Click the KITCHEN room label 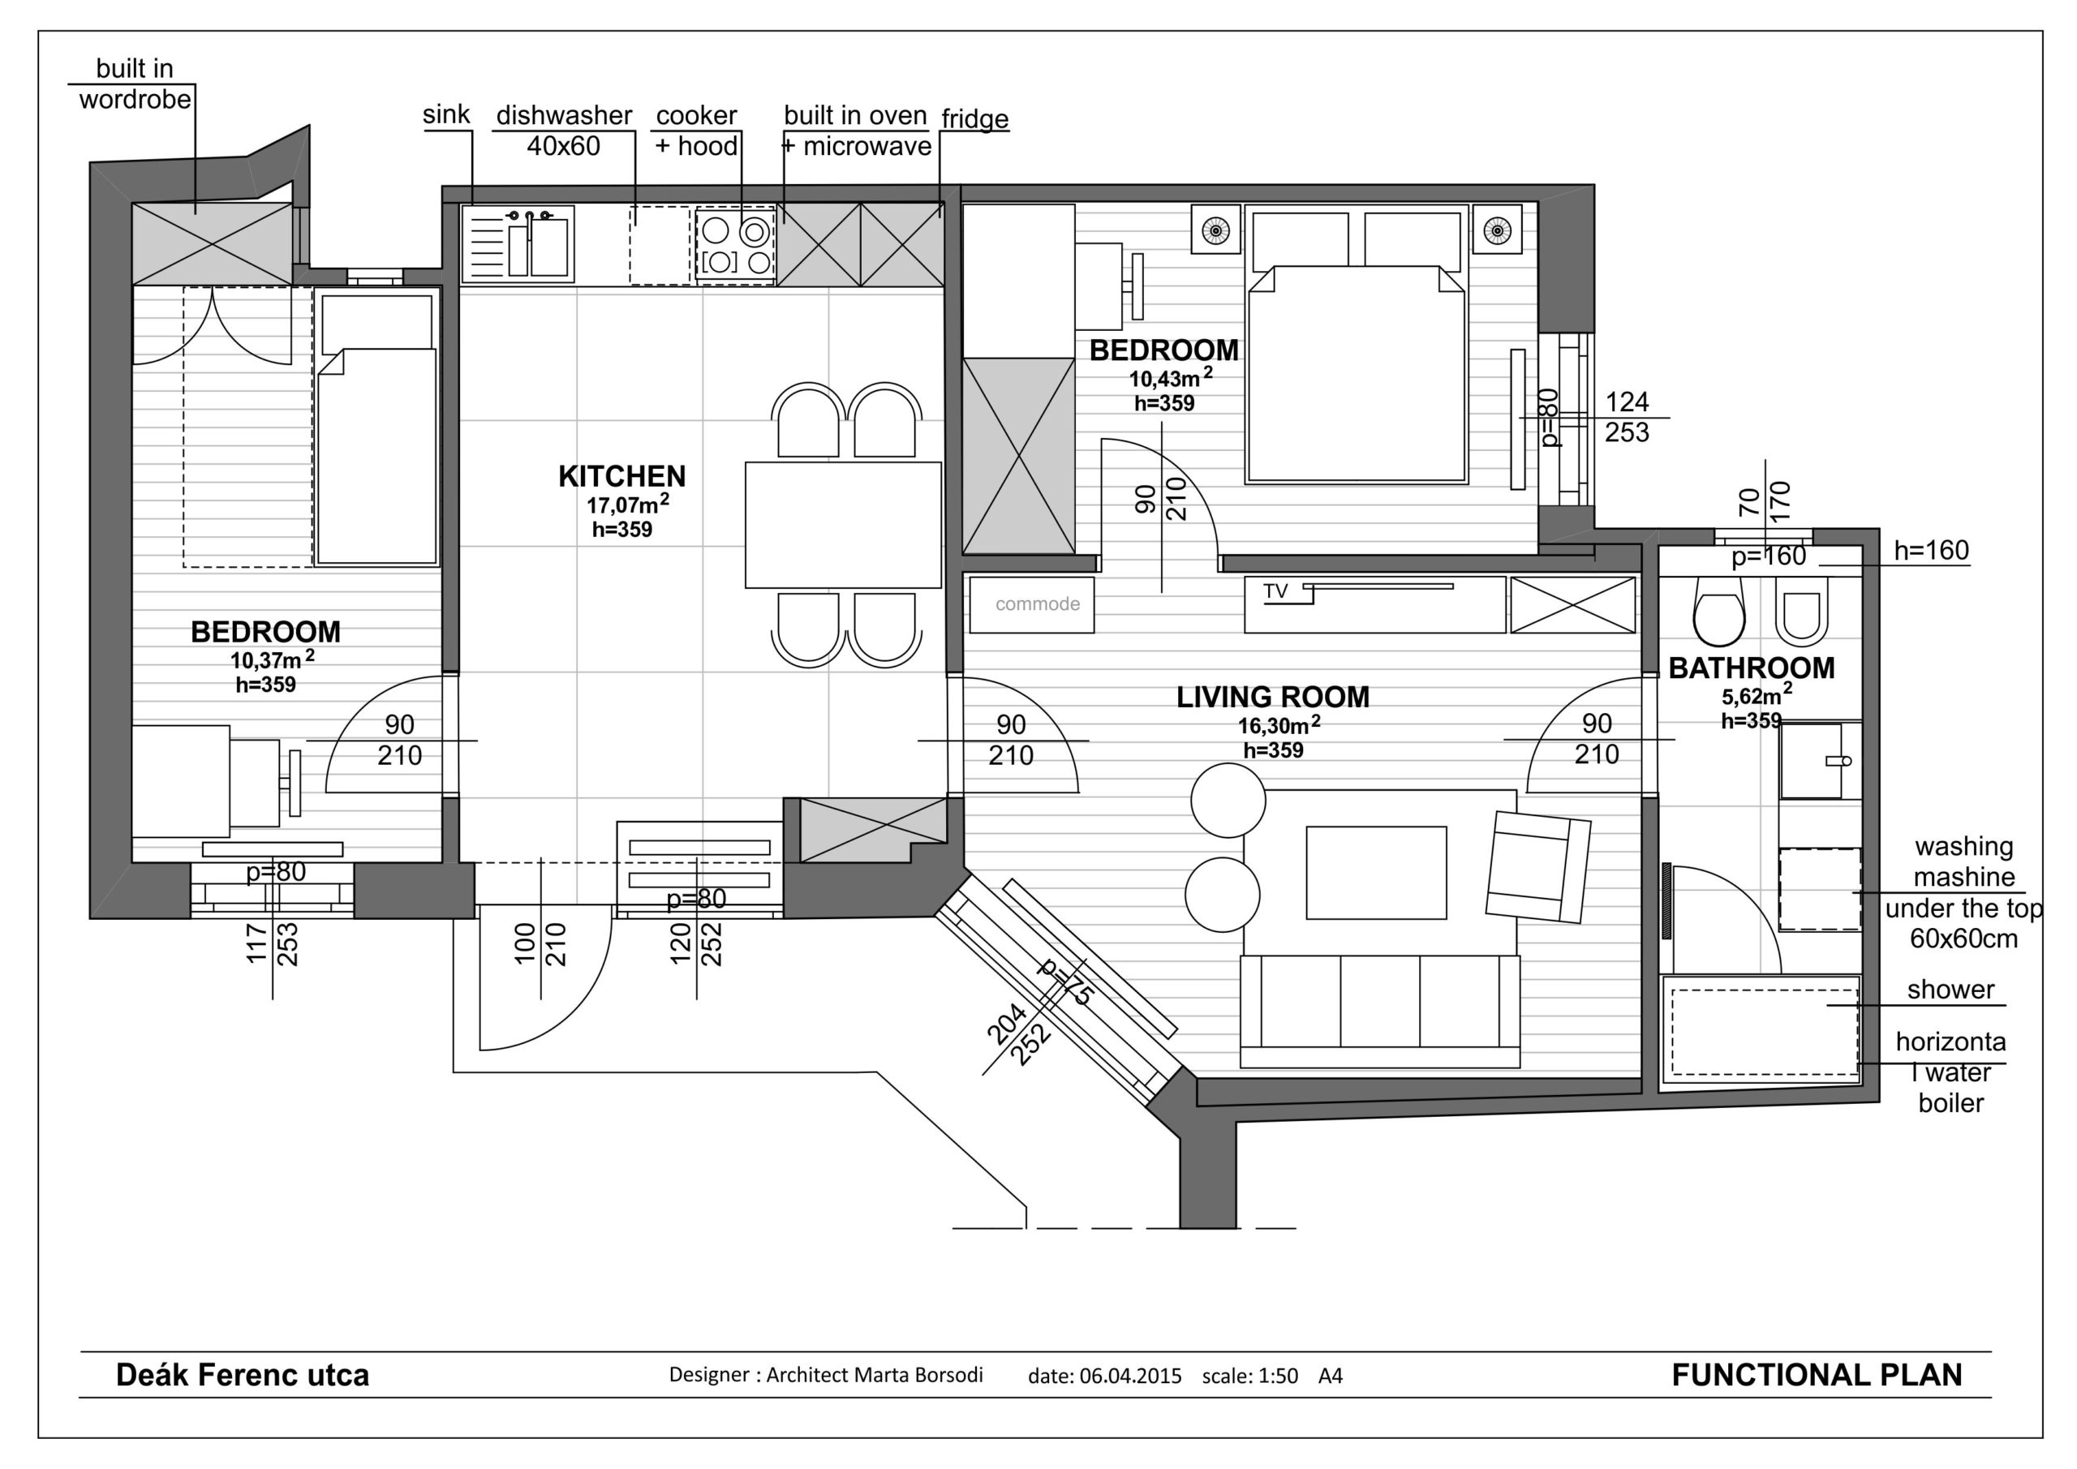(621, 476)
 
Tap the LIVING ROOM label (1273, 697)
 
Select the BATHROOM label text (1752, 668)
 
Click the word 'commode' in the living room (1038, 604)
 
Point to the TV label (1275, 591)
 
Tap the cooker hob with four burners (734, 246)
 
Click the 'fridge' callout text (974, 118)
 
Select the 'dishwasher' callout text (564, 115)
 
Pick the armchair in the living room (1537, 866)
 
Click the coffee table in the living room (1376, 872)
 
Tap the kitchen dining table (843, 525)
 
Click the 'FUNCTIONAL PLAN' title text (1817, 1375)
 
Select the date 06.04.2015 (1130, 1376)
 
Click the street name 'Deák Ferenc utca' (243, 1375)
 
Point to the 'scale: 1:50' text (1249, 1376)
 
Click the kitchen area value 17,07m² (628, 503)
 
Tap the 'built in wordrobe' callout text (135, 84)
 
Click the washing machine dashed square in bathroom (1820, 889)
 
